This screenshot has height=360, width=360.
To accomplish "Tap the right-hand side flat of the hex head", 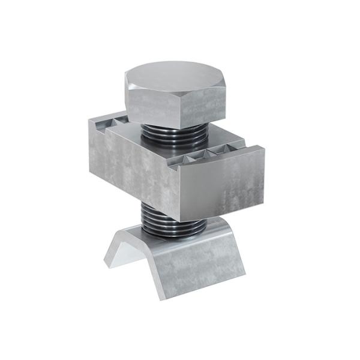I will tap(207, 109).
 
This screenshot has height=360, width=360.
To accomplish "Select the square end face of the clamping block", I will tap(222, 183).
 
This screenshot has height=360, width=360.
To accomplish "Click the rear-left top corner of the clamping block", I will tap(90, 120).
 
